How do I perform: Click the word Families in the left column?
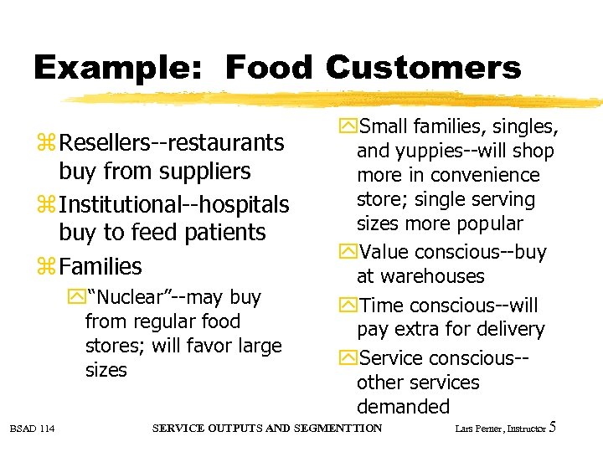point(100,267)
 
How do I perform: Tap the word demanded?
point(403,407)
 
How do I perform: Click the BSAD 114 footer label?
point(33,429)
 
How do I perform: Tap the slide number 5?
point(552,428)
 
